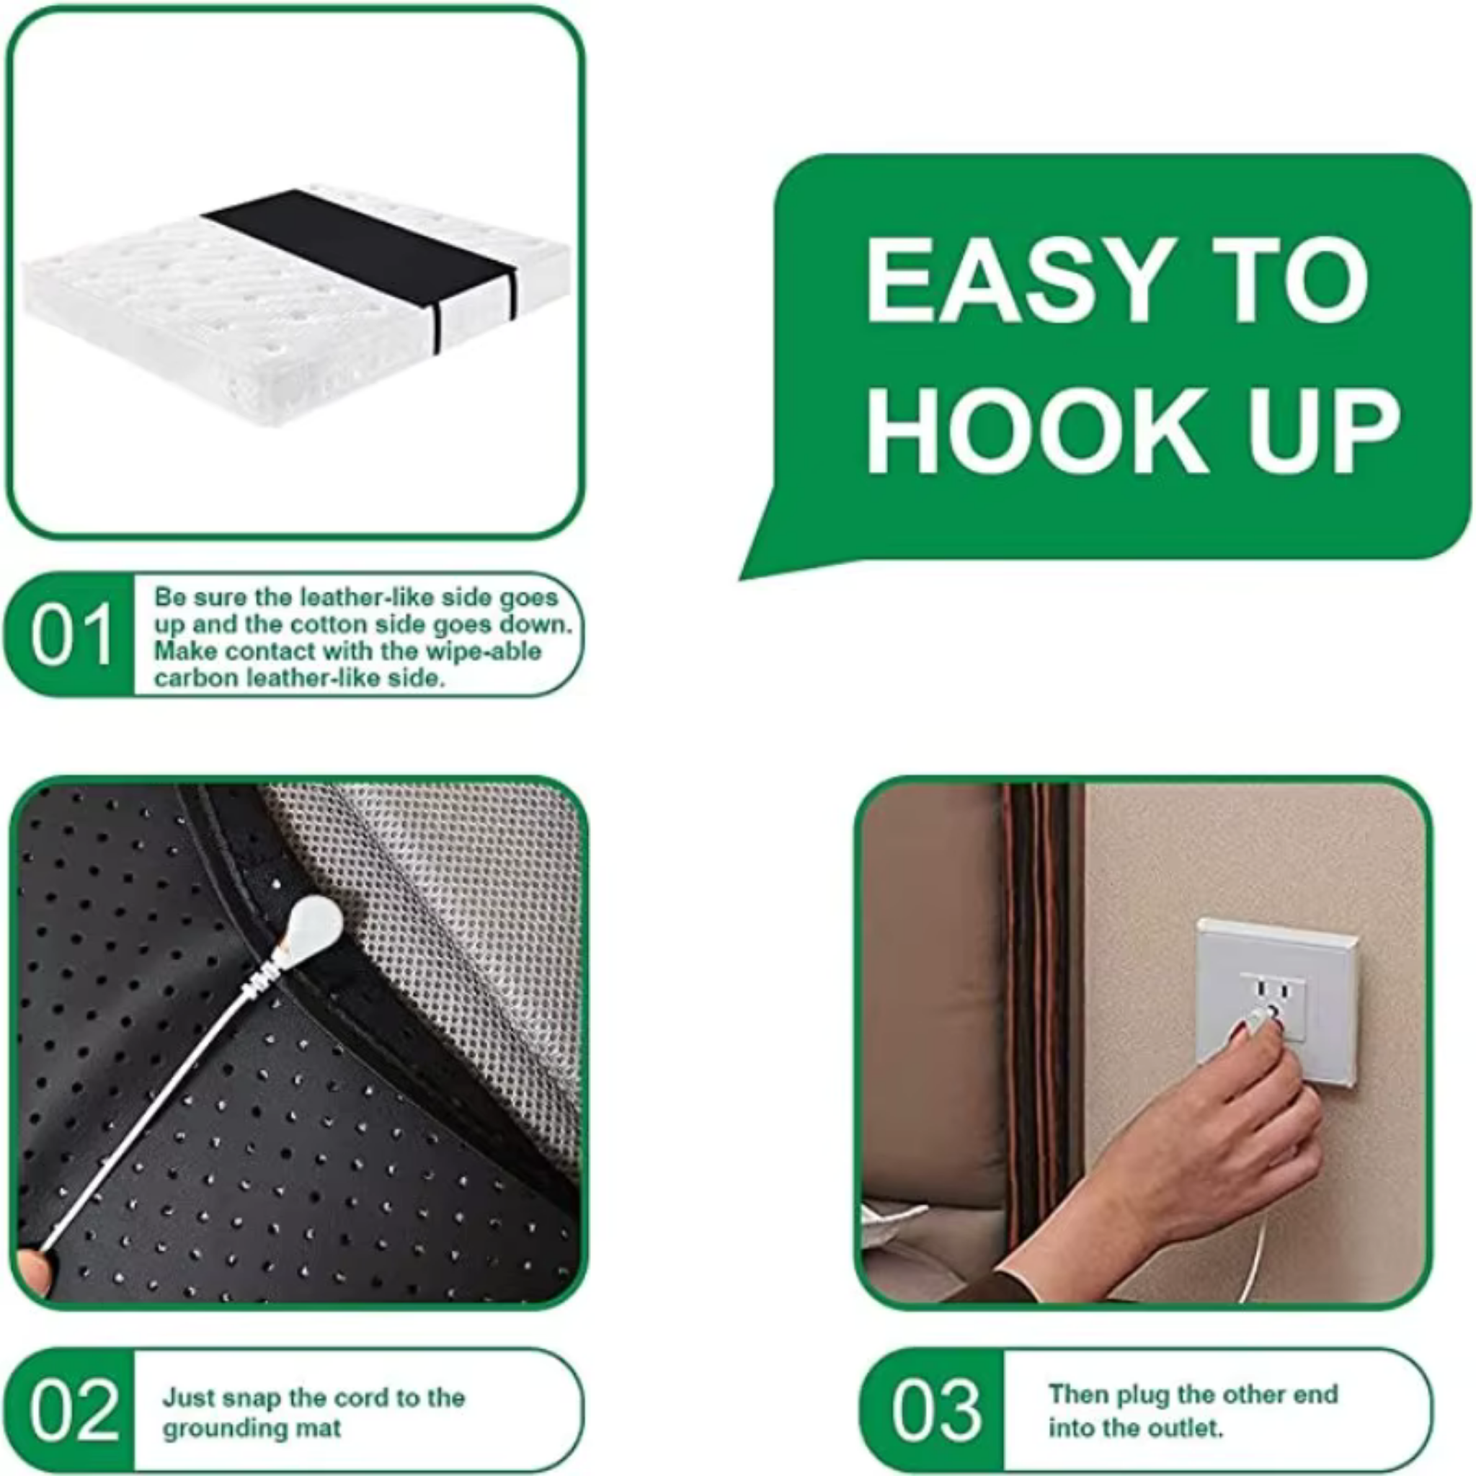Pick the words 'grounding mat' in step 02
[252, 1428]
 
